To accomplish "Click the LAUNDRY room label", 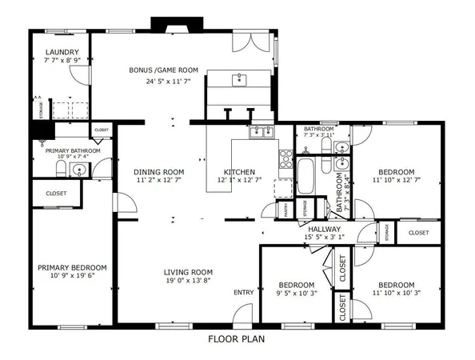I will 61,51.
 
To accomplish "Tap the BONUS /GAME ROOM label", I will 164,70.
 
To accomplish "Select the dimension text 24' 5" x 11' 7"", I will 167,81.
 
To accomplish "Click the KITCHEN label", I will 239,172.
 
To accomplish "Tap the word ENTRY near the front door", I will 243,293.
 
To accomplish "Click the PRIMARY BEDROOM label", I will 72,268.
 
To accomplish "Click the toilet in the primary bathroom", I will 61,169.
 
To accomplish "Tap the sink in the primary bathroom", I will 79,170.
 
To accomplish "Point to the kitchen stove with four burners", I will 285,158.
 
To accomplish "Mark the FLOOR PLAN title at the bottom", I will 237,338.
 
